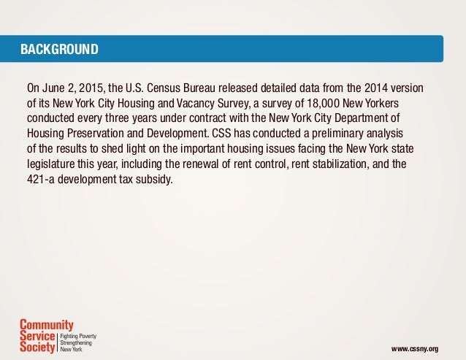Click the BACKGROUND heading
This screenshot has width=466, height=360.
coord(60,50)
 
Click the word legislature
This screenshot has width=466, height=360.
coord(52,163)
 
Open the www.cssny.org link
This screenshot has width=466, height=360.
coord(416,349)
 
